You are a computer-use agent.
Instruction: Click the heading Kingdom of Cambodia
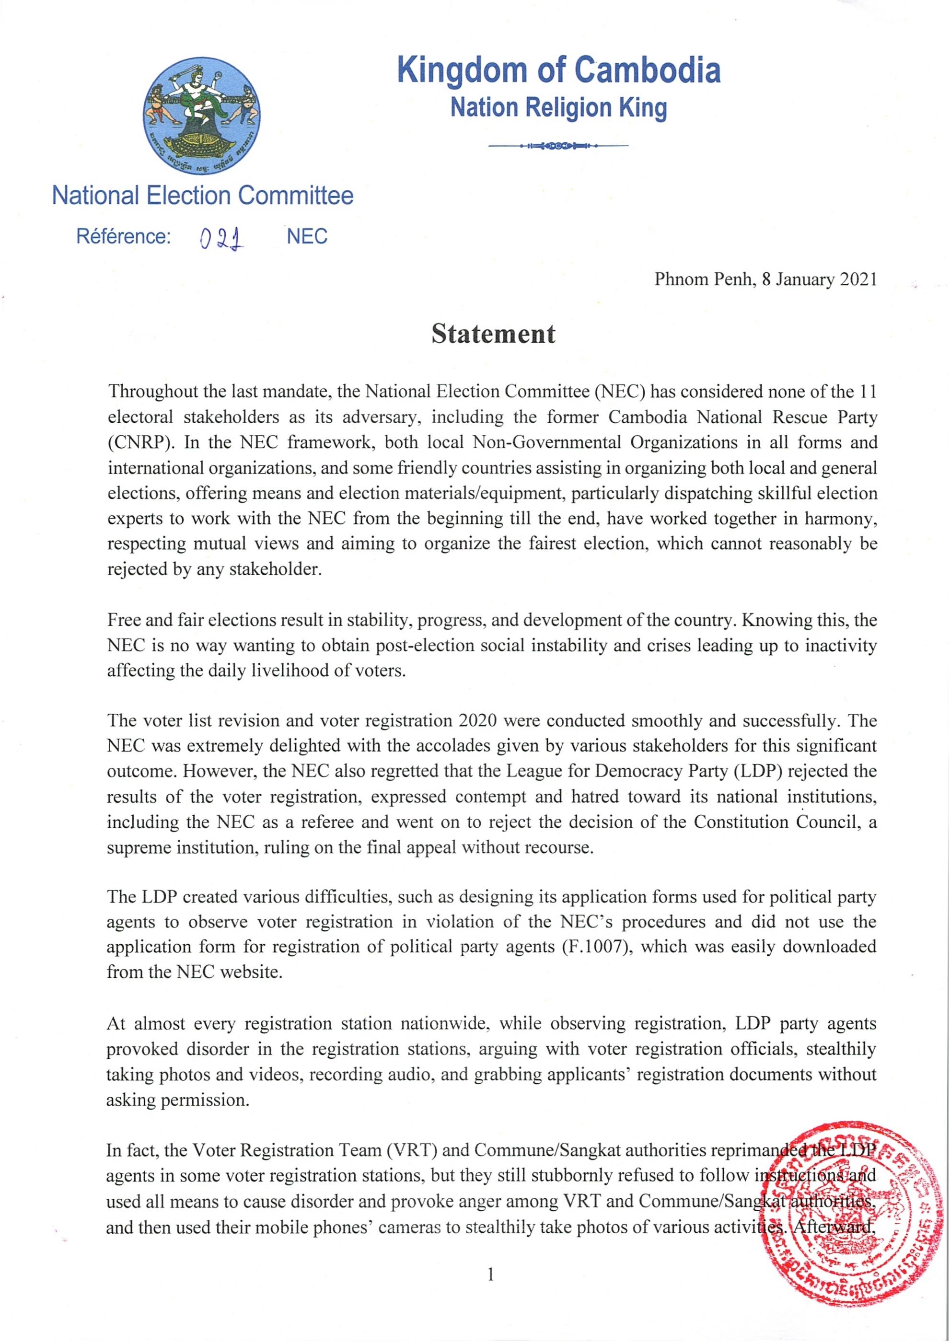558,70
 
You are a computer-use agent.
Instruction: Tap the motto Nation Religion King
558,108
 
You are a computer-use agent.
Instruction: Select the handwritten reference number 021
221,238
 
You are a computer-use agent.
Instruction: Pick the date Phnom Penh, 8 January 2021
765,279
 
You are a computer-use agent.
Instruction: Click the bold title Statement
493,334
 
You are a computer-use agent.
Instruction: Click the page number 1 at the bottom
490,1274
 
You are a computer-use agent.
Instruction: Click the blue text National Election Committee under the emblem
203,196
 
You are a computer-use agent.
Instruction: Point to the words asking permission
177,1100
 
